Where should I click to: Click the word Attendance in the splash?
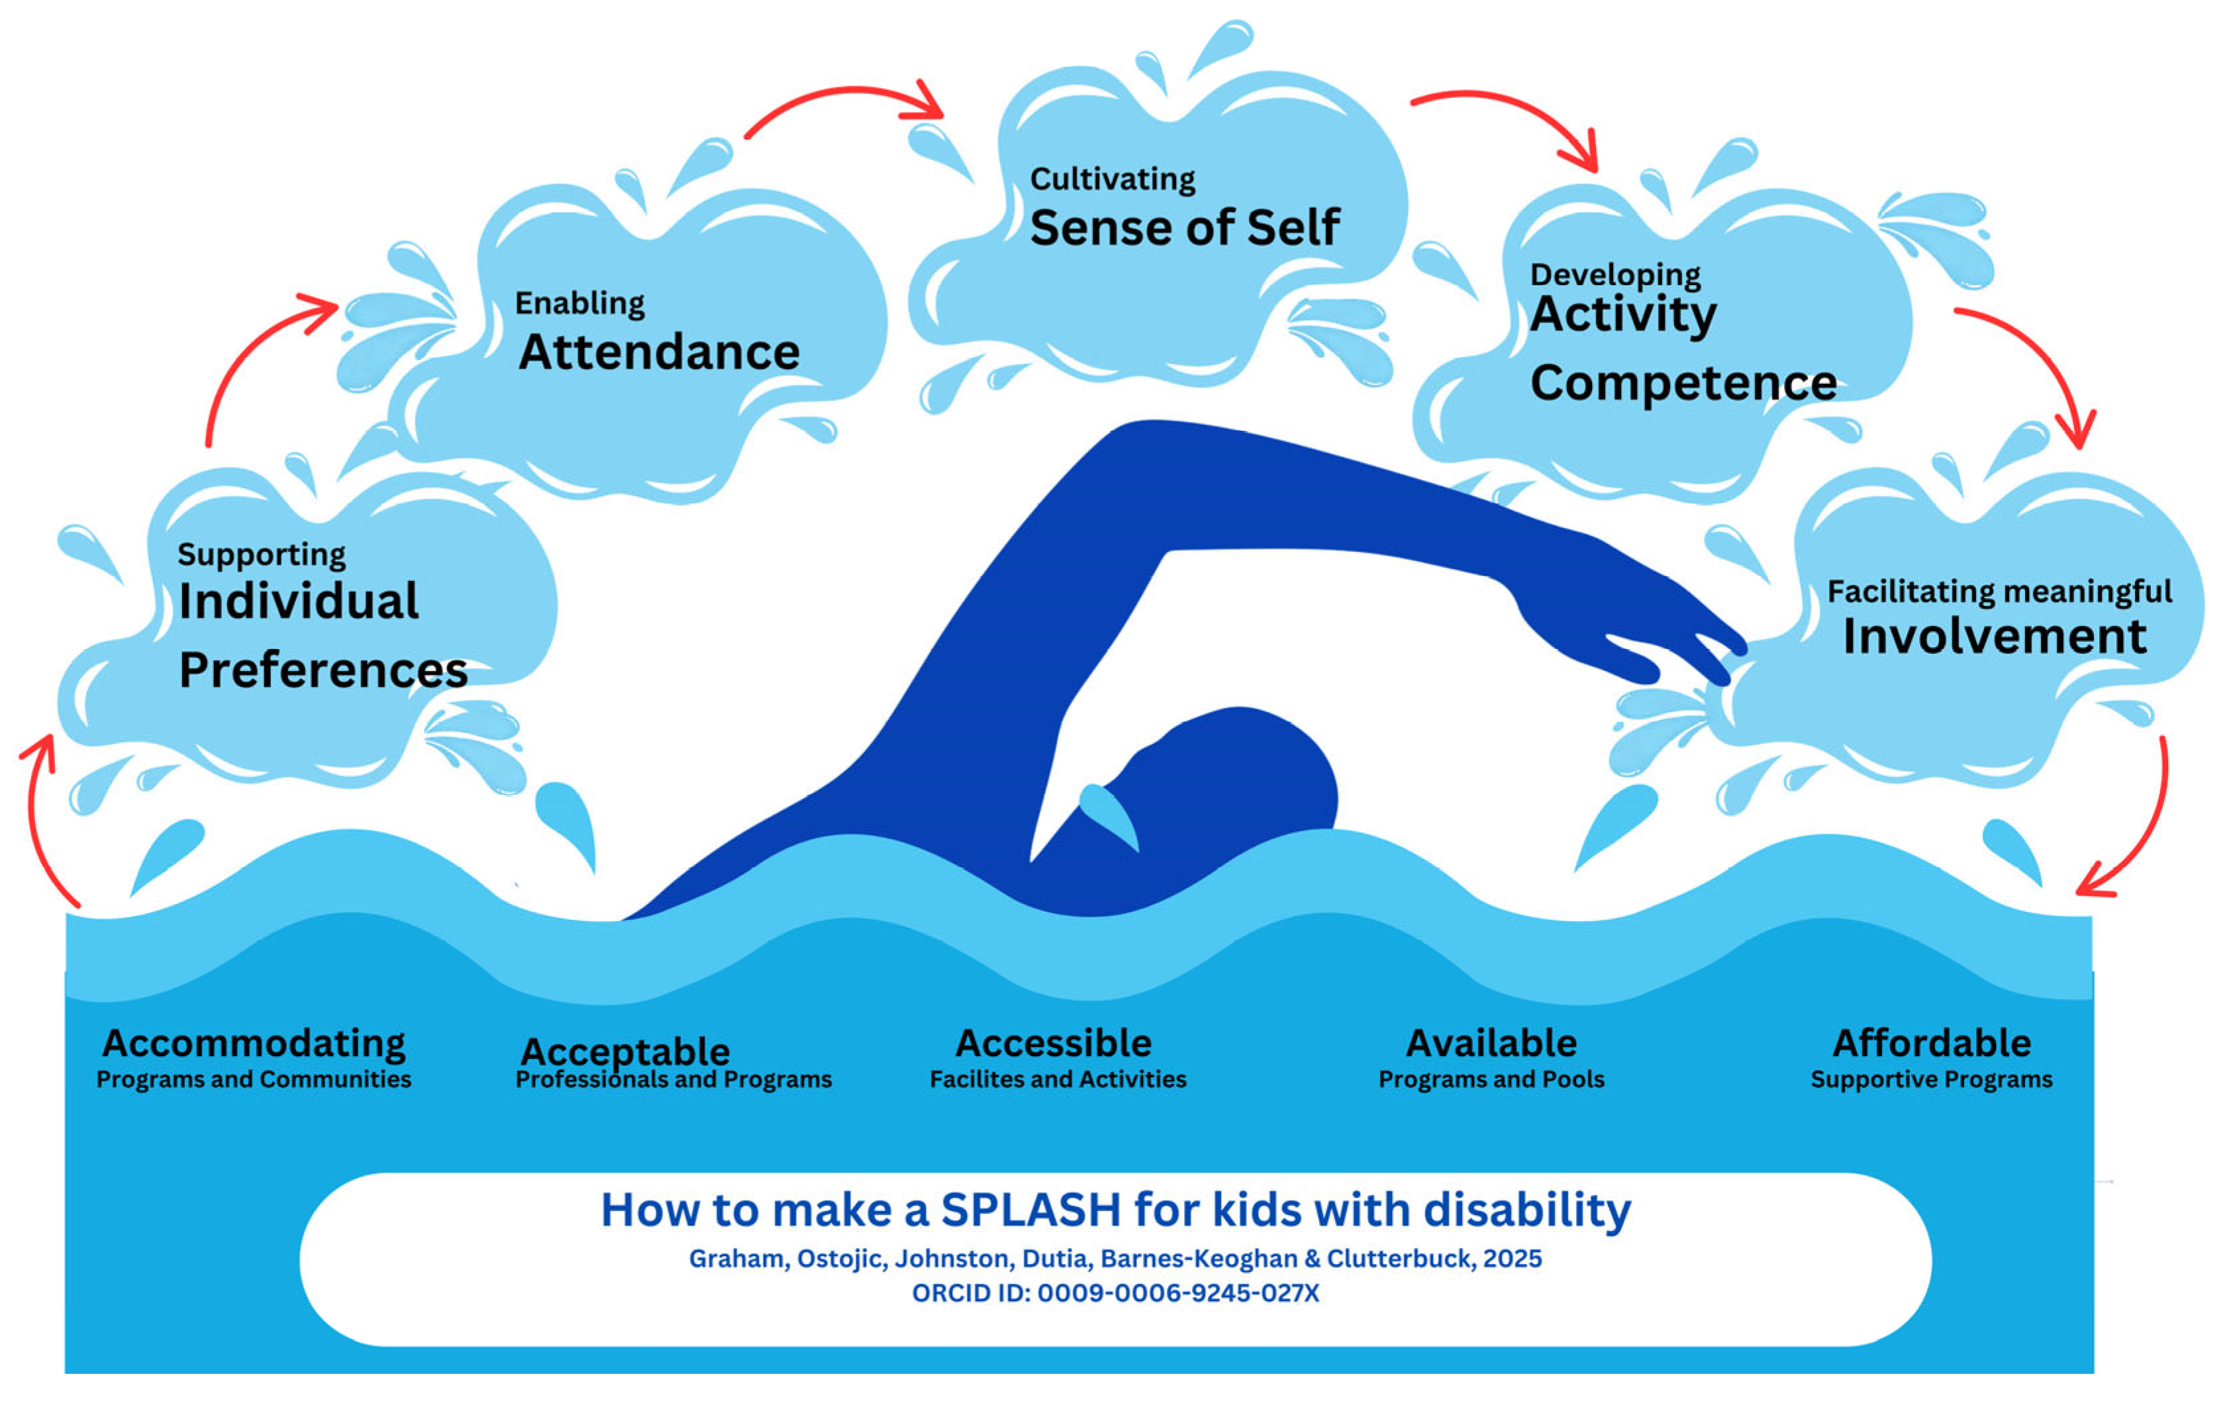tap(659, 353)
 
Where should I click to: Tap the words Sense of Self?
tap(1184, 228)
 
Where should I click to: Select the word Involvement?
tap(1994, 637)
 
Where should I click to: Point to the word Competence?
tap(1683, 383)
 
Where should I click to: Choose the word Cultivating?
tap(1112, 179)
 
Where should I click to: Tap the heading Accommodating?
tap(254, 1043)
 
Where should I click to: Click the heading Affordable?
tap(1932, 1043)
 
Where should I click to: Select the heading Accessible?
tap(1054, 1043)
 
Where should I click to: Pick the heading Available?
tap(1491, 1043)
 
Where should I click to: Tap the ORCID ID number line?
tap(1115, 1292)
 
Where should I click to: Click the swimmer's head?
tap(1240, 778)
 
